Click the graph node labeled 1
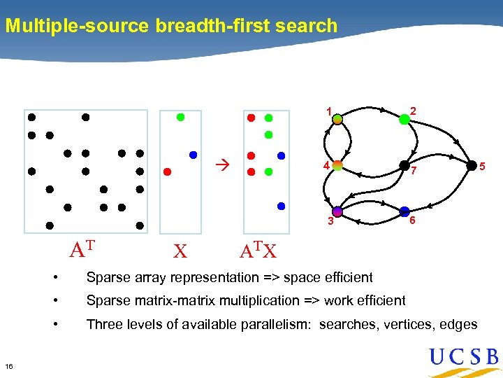tap(337, 120)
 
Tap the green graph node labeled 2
tap(404, 120)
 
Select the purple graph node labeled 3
tap(337, 211)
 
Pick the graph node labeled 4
tap(337, 166)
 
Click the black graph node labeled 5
tap(471, 165)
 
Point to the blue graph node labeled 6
tap(404, 211)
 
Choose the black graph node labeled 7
tap(404, 166)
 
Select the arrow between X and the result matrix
tap(221, 165)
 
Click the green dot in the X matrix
tap(180, 118)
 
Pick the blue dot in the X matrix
tap(193, 154)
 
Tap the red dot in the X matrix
tap(166, 171)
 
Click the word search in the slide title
tap(310, 27)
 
